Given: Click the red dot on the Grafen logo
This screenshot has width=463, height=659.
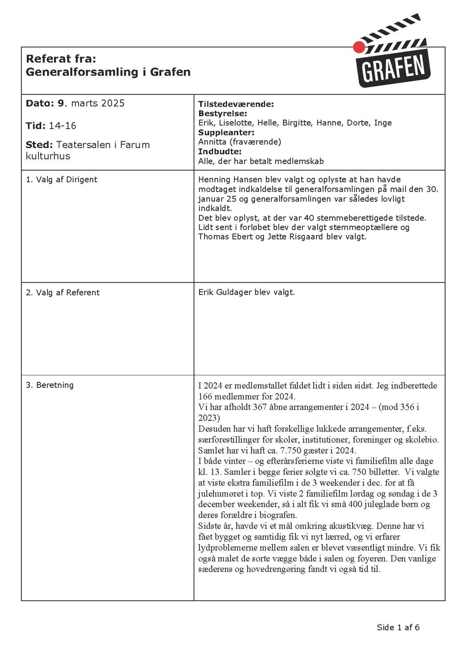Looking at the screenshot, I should (x=359, y=47).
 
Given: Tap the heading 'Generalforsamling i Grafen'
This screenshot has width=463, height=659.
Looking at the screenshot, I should (x=108, y=72).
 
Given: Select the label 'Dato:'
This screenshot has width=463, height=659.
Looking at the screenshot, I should (x=40, y=103).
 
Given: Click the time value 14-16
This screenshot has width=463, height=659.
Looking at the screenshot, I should (x=63, y=126).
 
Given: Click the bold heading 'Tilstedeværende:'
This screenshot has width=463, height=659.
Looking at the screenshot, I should (x=236, y=104).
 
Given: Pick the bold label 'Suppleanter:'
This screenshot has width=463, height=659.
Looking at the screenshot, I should (x=226, y=133).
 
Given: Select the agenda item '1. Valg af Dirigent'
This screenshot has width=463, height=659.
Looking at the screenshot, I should (x=62, y=180).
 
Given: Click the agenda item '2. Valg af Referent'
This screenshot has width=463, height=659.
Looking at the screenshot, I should (x=63, y=293).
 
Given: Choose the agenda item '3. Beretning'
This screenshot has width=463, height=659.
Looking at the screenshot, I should (x=50, y=385).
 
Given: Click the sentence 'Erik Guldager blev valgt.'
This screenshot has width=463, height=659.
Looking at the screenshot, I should (x=246, y=292).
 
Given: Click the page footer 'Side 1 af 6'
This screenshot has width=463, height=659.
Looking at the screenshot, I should (x=398, y=628).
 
